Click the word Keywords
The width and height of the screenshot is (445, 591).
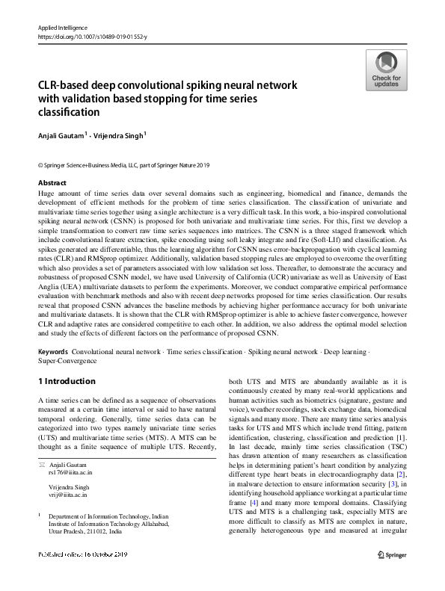pos(52,350)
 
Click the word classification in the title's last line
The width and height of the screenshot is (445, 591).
pos(68,113)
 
